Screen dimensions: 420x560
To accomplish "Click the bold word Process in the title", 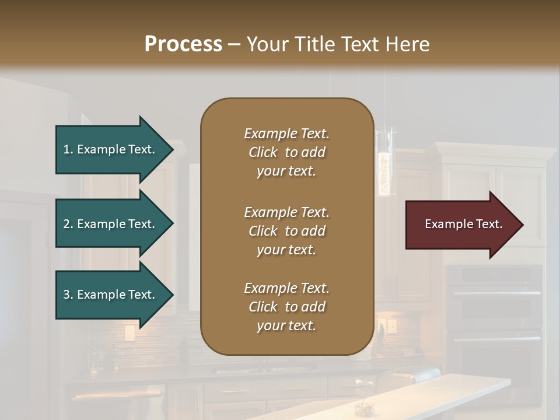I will [183, 44].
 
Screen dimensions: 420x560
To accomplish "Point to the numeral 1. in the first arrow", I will [68, 149].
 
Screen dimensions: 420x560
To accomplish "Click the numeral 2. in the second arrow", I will [68, 224].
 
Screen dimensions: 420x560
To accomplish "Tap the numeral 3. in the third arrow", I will [68, 295].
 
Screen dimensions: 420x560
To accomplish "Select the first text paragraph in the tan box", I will [286, 152].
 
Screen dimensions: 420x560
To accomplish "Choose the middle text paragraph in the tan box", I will [286, 231].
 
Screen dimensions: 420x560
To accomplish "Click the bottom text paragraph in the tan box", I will [286, 307].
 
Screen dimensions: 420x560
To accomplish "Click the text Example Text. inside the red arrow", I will [463, 224].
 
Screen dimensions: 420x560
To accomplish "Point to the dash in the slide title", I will [234, 44].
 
